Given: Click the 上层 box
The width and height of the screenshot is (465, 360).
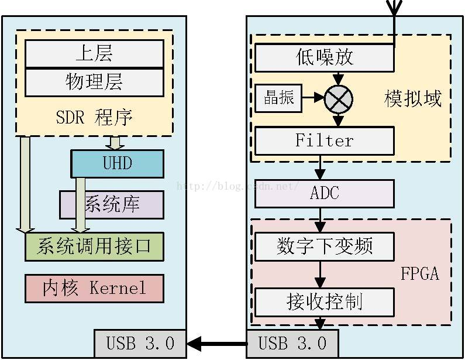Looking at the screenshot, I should coord(94,54).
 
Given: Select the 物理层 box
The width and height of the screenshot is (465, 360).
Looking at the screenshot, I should coord(94,82).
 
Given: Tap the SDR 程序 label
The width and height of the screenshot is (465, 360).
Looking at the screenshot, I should coord(94,117).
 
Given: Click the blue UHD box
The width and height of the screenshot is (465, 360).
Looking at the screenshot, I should coord(117,163).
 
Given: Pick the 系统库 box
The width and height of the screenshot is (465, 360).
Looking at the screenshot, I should coord(112,205).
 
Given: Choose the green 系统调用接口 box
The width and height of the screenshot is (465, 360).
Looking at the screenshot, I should coord(94,246).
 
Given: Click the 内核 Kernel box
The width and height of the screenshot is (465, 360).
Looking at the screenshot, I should coord(94,288).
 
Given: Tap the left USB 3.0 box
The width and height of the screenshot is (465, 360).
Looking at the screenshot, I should coord(140,344).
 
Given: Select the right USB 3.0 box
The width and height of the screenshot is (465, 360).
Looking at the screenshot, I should coord(292,344).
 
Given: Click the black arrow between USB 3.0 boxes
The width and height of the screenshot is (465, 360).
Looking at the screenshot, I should coord(216,344).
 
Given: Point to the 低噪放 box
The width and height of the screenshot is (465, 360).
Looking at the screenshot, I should coord(325,58).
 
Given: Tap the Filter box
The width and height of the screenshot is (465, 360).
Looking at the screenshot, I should coord(325,140).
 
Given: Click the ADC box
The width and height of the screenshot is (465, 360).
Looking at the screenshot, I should coord(325,193).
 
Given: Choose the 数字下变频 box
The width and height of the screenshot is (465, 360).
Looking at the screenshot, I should coord(325,246).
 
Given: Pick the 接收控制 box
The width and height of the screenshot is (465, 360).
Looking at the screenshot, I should coord(325,302).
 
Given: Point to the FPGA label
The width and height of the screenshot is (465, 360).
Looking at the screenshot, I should coord(419,273).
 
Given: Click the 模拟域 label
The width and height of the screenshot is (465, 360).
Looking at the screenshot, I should coord(413,99).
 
